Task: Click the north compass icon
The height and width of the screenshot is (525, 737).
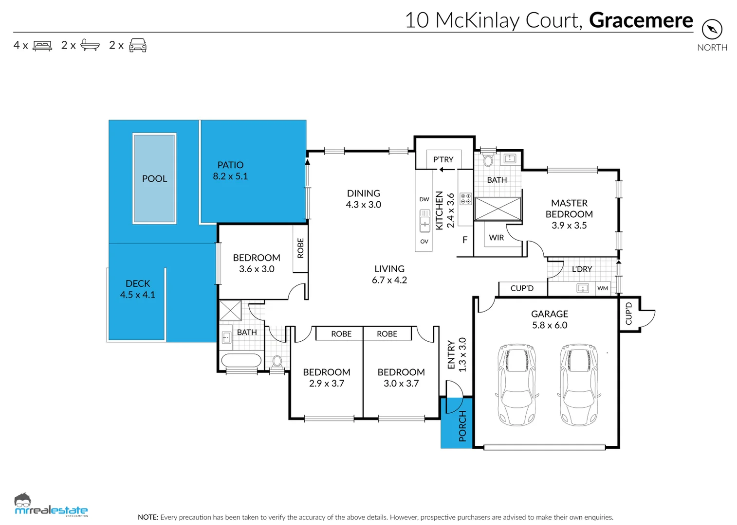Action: click(x=712, y=29)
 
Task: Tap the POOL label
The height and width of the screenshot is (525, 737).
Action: click(x=154, y=179)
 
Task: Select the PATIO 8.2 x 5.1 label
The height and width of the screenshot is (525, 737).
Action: click(x=230, y=171)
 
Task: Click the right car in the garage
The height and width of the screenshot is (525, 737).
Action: click(x=579, y=385)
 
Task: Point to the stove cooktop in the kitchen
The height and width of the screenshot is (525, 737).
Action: click(x=465, y=198)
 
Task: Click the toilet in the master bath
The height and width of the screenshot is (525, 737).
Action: click(x=488, y=159)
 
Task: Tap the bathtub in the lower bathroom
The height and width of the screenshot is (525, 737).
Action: click(x=241, y=360)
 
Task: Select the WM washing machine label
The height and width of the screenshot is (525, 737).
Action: click(x=603, y=288)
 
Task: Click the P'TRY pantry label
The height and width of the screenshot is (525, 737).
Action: click(x=443, y=159)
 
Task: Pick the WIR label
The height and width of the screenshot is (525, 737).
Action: click(x=496, y=237)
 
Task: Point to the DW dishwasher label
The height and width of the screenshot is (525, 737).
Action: click(x=424, y=199)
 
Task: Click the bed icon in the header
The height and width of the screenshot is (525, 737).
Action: click(x=42, y=45)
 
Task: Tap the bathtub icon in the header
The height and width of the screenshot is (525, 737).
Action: click(x=90, y=45)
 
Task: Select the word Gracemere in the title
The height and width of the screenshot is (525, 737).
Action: click(x=641, y=20)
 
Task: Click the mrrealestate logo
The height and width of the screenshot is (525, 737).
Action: click(x=51, y=505)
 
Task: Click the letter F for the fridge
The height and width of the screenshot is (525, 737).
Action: click(x=464, y=240)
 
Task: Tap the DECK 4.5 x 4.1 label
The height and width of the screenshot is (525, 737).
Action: click(x=138, y=289)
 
